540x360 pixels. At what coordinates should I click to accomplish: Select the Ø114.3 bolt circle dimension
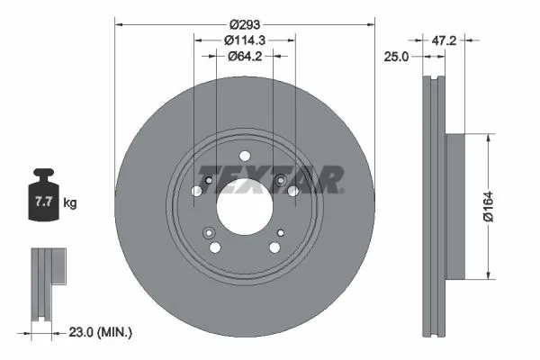pyautogui.click(x=243, y=40)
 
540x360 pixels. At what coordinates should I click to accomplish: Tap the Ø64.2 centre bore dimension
pyautogui.click(x=243, y=56)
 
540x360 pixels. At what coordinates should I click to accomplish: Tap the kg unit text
pyautogui.click(x=70, y=203)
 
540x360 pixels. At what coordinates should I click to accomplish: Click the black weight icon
pyautogui.click(x=43, y=197)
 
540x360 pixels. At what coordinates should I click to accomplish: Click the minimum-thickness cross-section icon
pyautogui.click(x=45, y=283)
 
